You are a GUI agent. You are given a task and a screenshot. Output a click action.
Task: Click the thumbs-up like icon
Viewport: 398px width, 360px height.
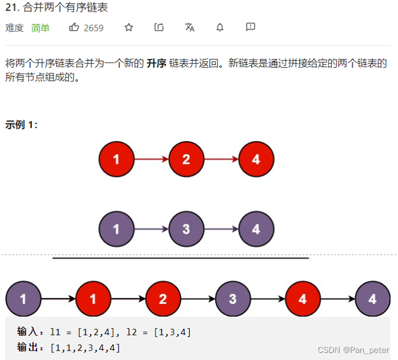coord(74,28)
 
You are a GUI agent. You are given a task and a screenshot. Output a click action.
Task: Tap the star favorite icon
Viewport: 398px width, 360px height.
coord(129,28)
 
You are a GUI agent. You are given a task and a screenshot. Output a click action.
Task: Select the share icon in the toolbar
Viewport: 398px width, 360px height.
coord(159,28)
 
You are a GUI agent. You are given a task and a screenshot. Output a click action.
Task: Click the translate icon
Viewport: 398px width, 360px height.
coord(189,28)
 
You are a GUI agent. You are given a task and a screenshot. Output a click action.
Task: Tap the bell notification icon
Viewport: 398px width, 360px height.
coord(220,28)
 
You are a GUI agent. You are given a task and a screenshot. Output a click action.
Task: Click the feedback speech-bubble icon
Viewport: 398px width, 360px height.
coord(251,28)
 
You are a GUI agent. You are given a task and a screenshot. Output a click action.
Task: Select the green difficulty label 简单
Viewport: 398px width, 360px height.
coord(41,28)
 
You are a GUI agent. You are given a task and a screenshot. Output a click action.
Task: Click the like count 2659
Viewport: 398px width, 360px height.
coord(94,28)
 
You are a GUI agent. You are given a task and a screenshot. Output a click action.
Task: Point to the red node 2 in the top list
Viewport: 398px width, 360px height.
coord(186,159)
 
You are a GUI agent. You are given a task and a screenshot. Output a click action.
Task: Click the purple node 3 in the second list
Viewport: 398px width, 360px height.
coord(186,229)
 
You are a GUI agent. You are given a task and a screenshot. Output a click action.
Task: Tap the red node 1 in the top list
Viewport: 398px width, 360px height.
coord(116,159)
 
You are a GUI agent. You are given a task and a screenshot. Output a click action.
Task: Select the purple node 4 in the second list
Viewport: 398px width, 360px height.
coord(256,229)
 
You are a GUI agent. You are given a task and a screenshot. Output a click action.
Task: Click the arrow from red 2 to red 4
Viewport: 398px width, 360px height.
coord(221,159)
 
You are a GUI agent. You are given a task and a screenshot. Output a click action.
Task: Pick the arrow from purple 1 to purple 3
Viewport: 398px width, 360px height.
coord(152,229)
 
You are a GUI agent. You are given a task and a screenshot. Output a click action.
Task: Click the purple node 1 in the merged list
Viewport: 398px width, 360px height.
coord(23,299)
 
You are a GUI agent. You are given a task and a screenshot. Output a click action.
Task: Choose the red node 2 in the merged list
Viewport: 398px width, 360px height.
coord(163,299)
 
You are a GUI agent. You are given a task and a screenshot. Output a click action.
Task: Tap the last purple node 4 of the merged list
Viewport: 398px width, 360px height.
coord(372,299)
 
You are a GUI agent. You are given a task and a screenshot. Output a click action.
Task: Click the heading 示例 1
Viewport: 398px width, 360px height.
coord(21,125)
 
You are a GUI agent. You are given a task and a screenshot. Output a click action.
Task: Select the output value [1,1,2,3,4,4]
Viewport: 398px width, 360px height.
coord(85,348)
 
